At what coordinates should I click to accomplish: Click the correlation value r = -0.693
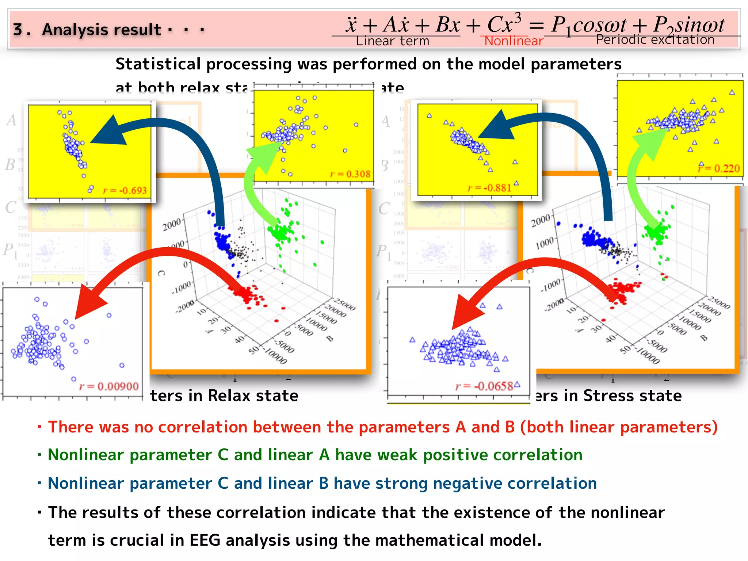click(125, 191)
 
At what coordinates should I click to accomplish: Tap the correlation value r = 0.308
click(350, 174)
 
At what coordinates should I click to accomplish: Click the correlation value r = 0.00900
click(109, 386)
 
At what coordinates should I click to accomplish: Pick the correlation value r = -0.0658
click(484, 386)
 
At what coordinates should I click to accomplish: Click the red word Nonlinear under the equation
click(514, 41)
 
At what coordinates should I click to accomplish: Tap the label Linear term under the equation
click(392, 41)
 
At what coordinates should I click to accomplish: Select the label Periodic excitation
click(655, 39)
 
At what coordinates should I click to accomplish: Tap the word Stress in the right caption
click(607, 396)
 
